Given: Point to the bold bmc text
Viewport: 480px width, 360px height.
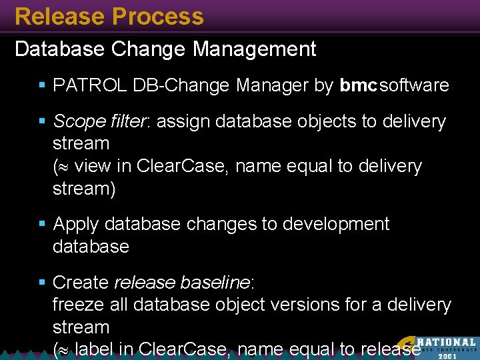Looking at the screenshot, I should click(x=359, y=85).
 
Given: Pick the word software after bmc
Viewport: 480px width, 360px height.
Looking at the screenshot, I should click(x=415, y=85).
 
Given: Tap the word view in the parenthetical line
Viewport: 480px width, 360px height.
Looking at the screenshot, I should click(x=93, y=165).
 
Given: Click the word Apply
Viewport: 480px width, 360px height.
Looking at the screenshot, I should click(x=76, y=224).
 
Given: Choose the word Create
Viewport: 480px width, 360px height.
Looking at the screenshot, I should click(x=81, y=283).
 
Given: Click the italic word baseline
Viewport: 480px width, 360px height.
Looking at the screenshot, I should click(x=215, y=283).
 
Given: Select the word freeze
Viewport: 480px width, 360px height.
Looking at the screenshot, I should click(x=78, y=305).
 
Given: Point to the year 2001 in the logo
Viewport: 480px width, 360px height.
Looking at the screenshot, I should click(x=448, y=355).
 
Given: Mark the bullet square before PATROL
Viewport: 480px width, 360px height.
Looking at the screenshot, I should click(x=42, y=86).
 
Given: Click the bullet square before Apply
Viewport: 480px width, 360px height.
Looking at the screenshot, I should click(x=42, y=225).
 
